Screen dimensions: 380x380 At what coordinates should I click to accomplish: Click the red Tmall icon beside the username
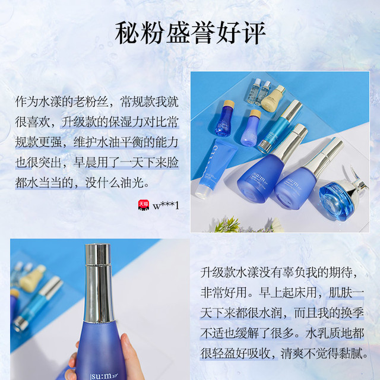pyautogui.click(x=144, y=205)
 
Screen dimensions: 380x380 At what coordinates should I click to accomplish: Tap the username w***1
pyautogui.click(x=166, y=206)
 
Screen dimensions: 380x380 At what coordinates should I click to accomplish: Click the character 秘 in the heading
pyautogui.click(x=127, y=33)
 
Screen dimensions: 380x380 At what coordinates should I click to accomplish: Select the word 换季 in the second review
pyautogui.click(x=352, y=313)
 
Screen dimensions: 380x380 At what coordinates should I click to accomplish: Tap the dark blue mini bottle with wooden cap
pyautogui.click(x=224, y=118)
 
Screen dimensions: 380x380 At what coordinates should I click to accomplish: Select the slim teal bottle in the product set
pyautogui.click(x=279, y=126)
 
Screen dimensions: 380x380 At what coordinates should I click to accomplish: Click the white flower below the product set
pyautogui.click(x=277, y=225)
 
